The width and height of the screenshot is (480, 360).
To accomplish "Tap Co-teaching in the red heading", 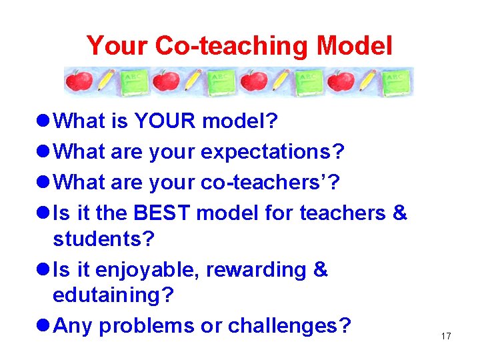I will [x=232, y=46].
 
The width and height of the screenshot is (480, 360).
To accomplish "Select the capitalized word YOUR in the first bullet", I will [x=165, y=121].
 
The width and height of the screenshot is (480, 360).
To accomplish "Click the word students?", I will [x=103, y=238].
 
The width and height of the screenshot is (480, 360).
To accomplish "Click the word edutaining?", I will [x=113, y=295].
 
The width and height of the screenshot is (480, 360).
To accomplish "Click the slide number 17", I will [x=446, y=336].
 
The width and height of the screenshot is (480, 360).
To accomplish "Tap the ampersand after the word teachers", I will [x=399, y=213].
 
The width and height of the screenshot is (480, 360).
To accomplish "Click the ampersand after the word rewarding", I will [x=320, y=270].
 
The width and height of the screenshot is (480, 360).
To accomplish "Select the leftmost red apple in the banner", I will [x=78, y=82].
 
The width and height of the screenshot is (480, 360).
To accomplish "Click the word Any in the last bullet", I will [x=72, y=326].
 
